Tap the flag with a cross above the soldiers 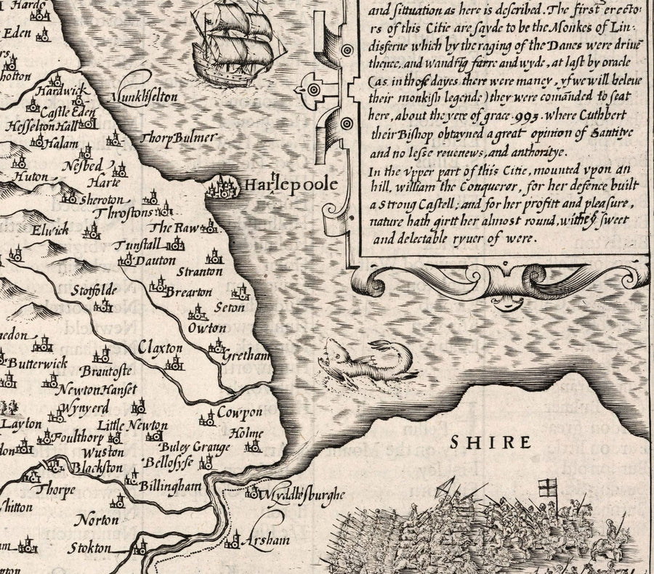click(546, 488)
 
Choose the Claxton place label click(161, 348)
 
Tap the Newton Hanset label click(91, 389)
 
